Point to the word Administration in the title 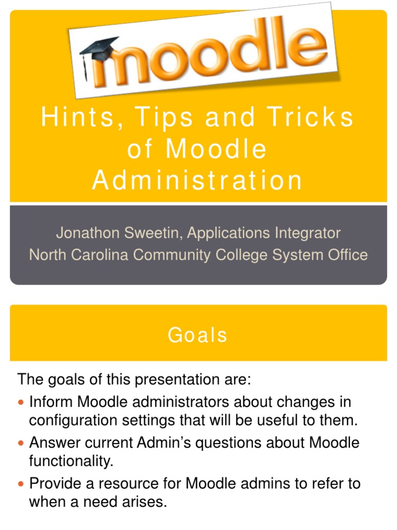coord(197,181)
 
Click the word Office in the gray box coord(346,255)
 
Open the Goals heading coord(197,335)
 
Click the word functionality coord(71,461)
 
